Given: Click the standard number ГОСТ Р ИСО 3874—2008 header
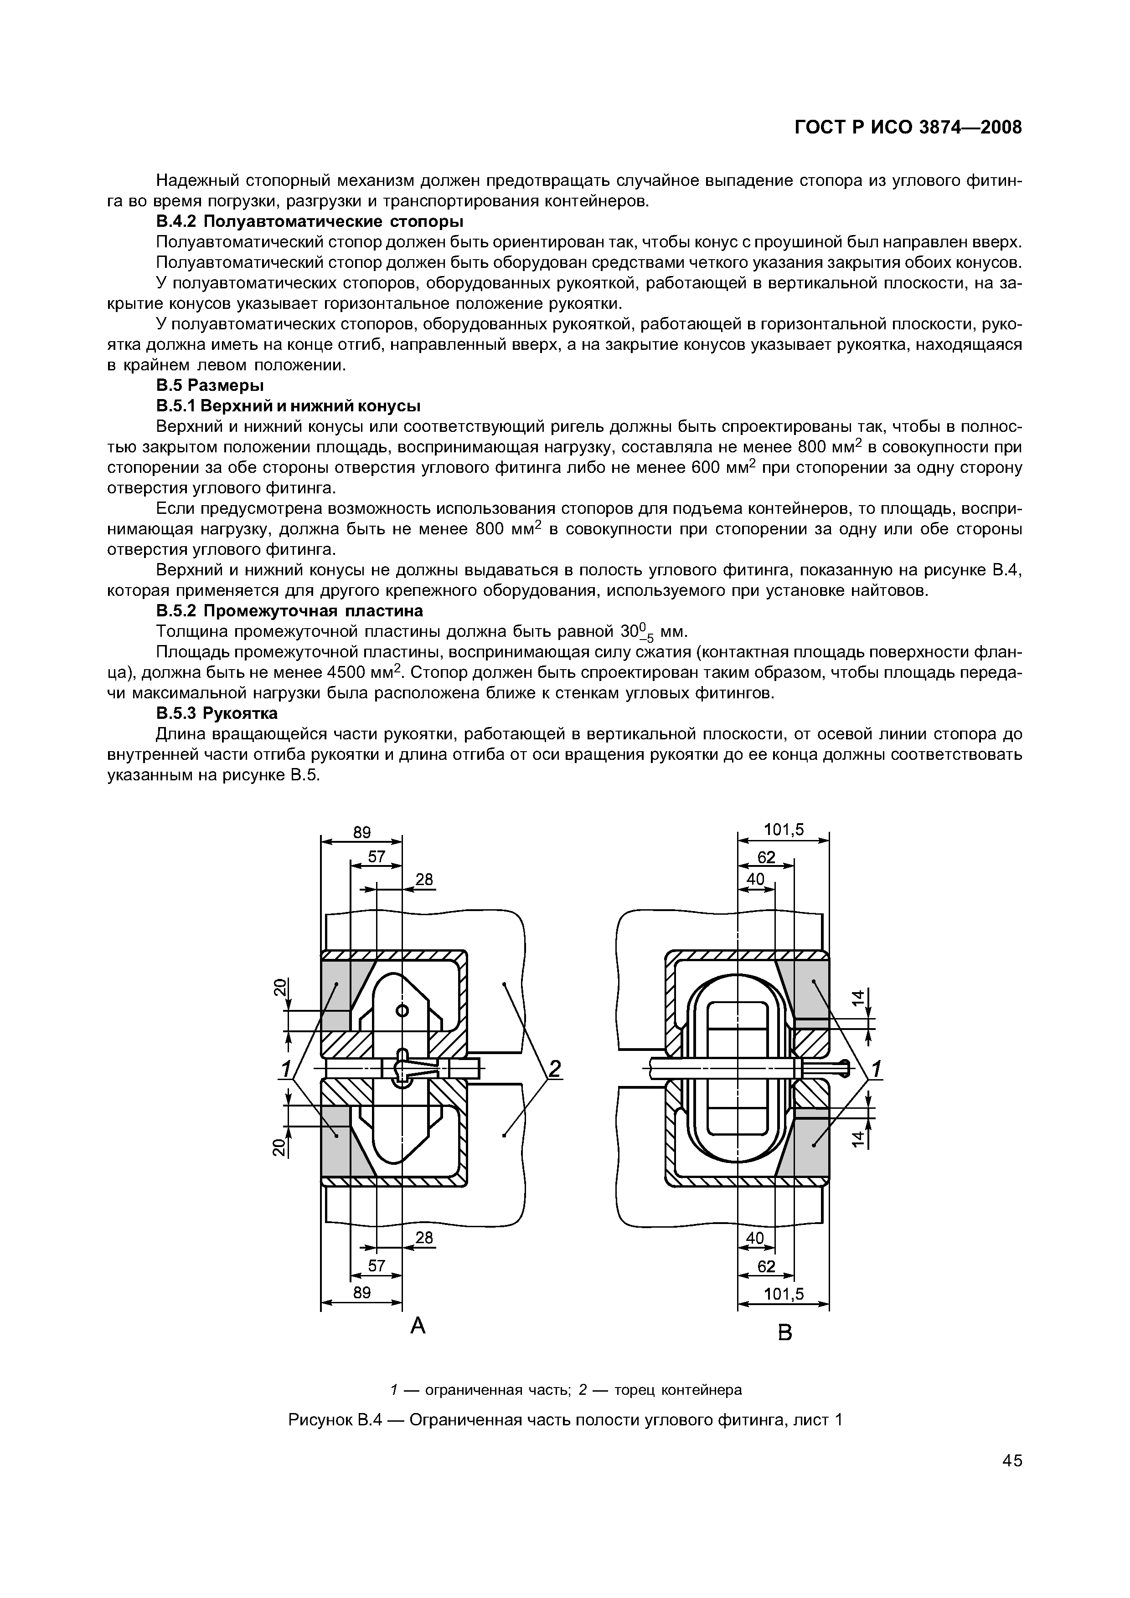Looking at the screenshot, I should tap(908, 128).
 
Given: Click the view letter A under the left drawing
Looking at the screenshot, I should tap(418, 1327).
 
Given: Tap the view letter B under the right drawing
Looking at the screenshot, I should tap(784, 1333).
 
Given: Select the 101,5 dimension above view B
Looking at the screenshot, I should tap(784, 830).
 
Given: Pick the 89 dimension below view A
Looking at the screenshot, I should tap(361, 1292).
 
